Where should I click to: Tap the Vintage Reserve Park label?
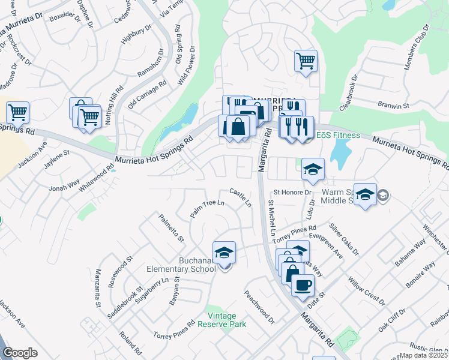point(226,320)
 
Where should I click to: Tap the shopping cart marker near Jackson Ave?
point(18,112)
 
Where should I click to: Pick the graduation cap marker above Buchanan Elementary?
point(224,253)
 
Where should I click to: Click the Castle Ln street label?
point(240,197)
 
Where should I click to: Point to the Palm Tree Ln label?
point(206,209)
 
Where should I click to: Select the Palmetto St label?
point(171,228)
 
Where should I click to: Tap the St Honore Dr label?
point(294,193)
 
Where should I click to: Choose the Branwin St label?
point(393,105)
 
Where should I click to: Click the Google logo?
point(20,353)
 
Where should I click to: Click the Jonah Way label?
point(64,184)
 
